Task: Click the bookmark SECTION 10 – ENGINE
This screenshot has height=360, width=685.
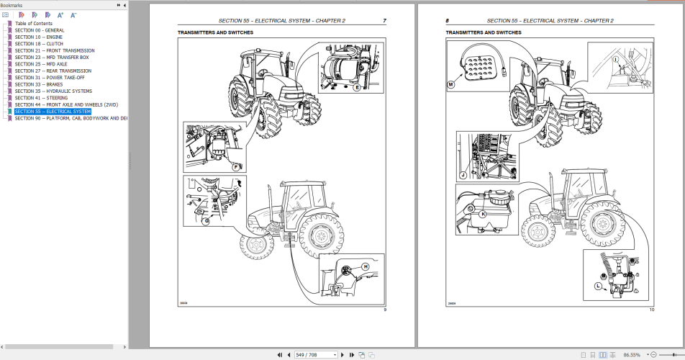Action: pyautogui.click(x=39, y=37)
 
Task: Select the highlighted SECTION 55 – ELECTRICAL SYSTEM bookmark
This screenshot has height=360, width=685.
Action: pyautogui.click(x=53, y=112)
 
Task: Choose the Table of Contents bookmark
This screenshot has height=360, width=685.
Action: pyautogui.click(x=34, y=24)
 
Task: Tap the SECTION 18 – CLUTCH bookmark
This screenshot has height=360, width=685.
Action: pyautogui.click(x=39, y=44)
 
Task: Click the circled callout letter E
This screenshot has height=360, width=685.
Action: pyautogui.click(x=357, y=87)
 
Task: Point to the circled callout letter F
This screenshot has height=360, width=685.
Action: pyautogui.click(x=235, y=166)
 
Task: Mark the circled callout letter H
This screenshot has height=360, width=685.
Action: pyautogui.click(x=365, y=267)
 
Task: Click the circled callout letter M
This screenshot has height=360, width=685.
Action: pyautogui.click(x=452, y=85)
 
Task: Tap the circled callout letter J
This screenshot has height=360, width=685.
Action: pyautogui.click(x=463, y=174)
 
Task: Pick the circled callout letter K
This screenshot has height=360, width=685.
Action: pyautogui.click(x=483, y=213)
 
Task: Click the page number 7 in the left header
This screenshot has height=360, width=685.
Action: pyautogui.click(x=384, y=21)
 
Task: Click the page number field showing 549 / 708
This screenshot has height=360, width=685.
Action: pyautogui.click(x=316, y=354)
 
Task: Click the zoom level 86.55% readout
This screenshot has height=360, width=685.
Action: pyautogui.click(x=632, y=354)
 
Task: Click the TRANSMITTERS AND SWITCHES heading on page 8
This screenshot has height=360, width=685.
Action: pyautogui.click(x=484, y=32)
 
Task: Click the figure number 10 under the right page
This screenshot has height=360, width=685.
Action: pyautogui.click(x=651, y=310)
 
